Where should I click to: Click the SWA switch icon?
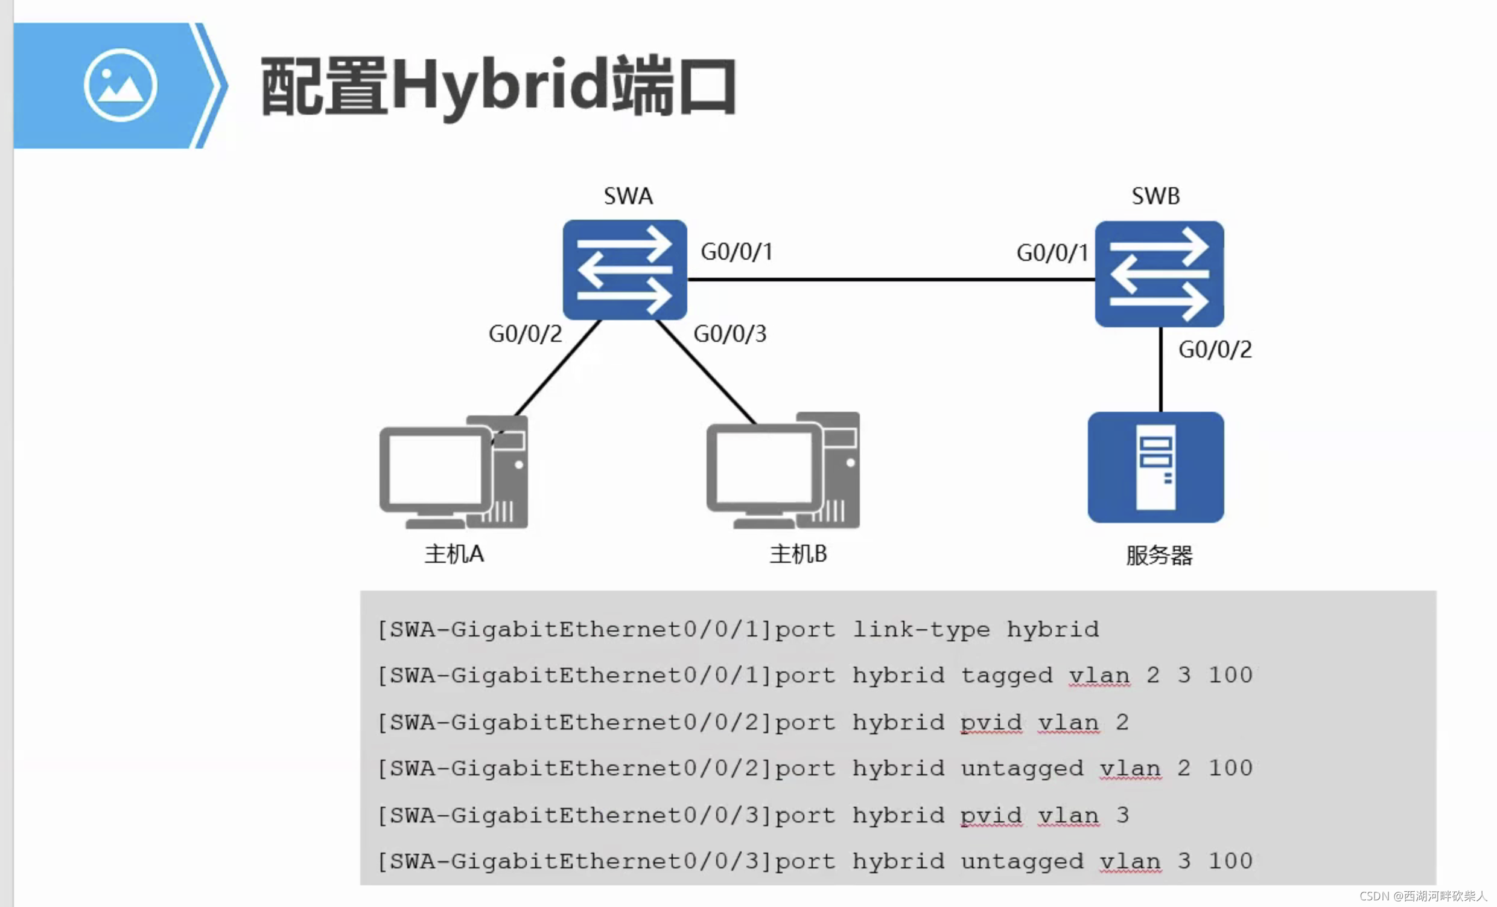pos(625,269)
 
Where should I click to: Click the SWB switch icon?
pos(1159,274)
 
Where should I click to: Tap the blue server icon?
pos(1155,467)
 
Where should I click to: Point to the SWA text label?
pos(628,196)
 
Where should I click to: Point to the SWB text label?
pos(1155,196)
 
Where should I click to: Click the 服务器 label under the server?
pos(1159,555)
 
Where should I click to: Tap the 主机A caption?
pos(454,554)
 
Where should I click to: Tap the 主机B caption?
pos(798,554)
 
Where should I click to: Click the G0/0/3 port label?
pos(729,334)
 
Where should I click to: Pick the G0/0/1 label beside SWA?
pos(736,252)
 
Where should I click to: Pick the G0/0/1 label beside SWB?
pos(1052,253)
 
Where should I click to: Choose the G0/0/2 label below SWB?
pos(1215,350)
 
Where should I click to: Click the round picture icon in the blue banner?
pos(120,85)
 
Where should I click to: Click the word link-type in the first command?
pos(921,629)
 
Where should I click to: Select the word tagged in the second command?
pos(1006,675)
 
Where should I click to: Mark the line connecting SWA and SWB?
pos(891,280)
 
